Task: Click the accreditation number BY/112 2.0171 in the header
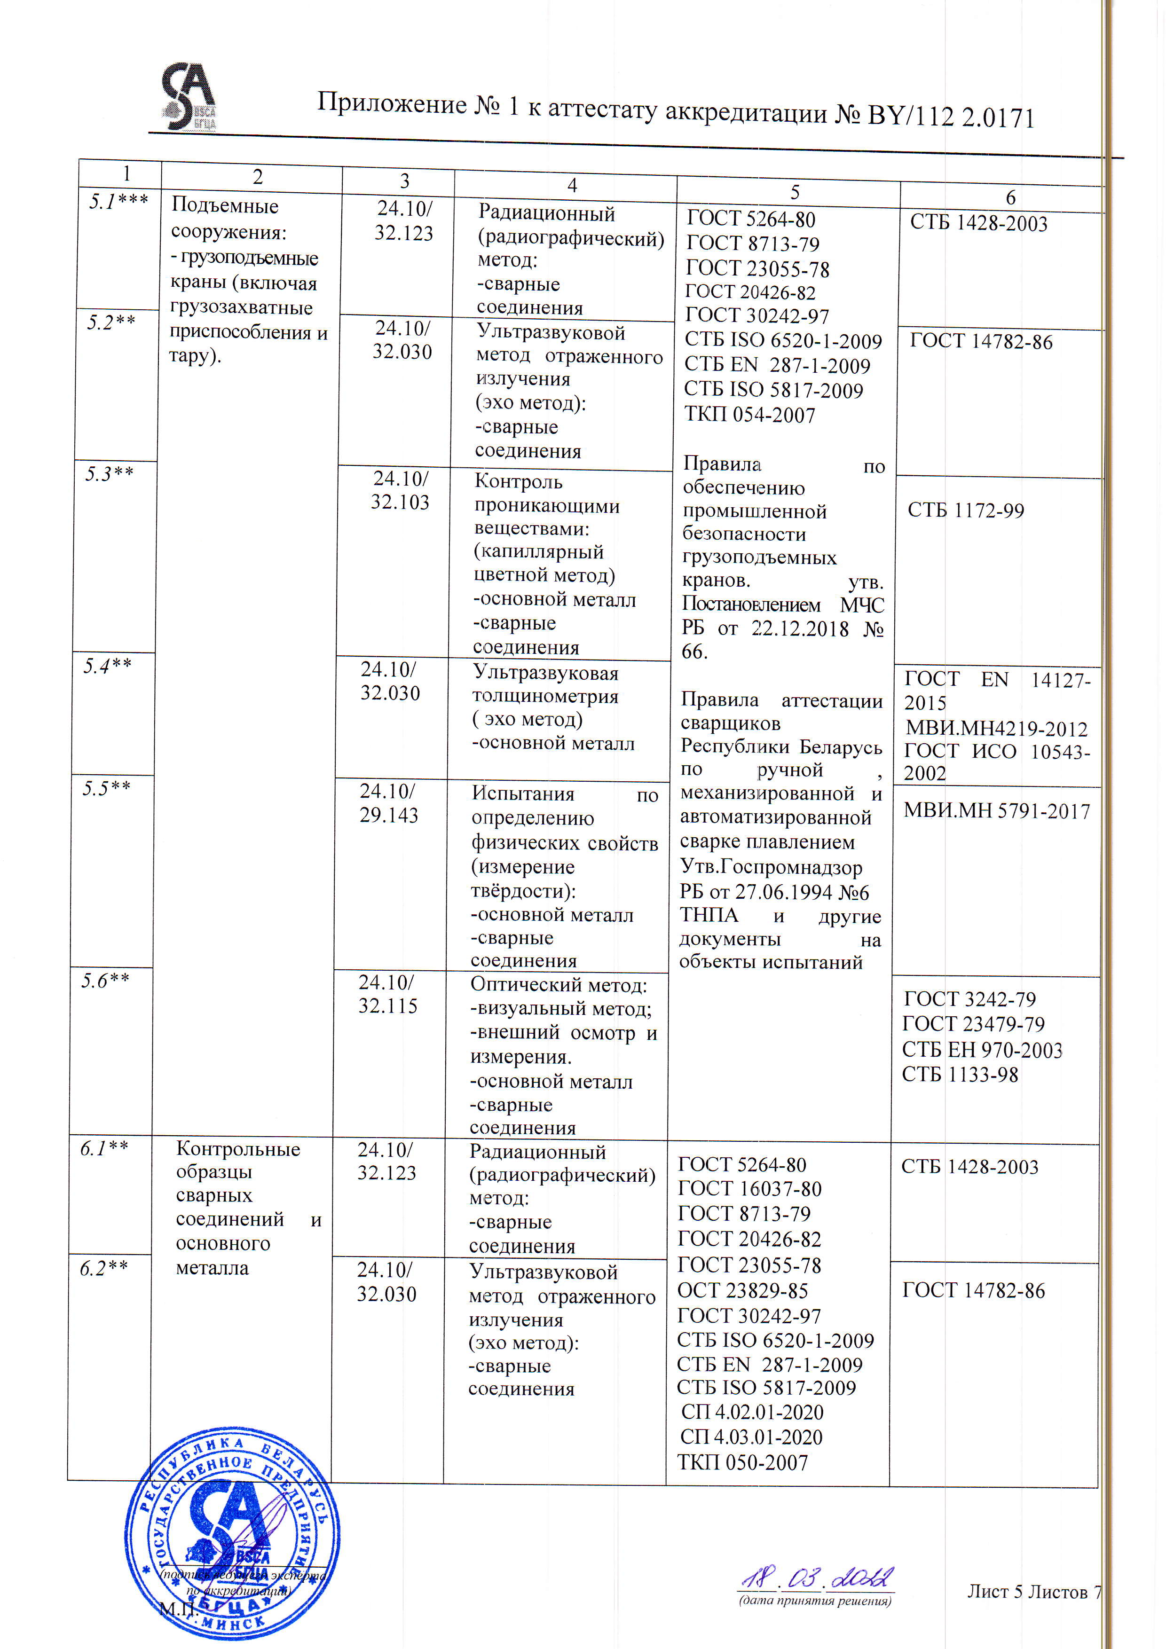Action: [951, 116]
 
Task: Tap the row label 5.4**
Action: [108, 666]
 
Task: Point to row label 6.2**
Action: [104, 1268]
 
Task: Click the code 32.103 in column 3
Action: [400, 502]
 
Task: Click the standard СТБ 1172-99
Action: [966, 510]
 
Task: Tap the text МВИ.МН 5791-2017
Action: [996, 811]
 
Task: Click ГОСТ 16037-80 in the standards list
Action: [749, 1189]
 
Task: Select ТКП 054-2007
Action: [749, 415]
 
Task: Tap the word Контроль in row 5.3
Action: [518, 481]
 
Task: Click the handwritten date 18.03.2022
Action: [817, 1578]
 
